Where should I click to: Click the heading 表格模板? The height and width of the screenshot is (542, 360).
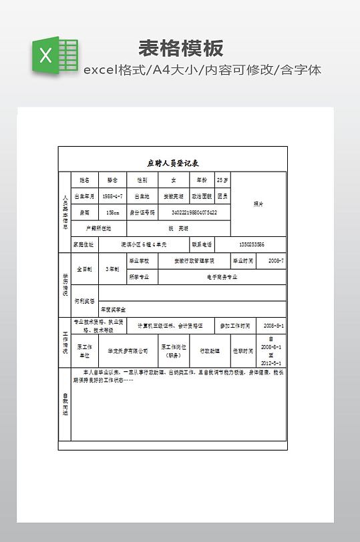(180, 48)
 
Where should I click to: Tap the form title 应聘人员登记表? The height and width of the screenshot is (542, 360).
(172, 163)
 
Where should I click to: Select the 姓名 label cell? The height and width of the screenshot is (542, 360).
(84, 180)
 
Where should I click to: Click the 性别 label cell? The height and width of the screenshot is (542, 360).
(142, 180)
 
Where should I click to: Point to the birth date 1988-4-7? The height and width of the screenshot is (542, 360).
(112, 197)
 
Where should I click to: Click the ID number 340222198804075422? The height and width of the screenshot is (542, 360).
(194, 213)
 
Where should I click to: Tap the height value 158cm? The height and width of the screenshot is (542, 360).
(112, 213)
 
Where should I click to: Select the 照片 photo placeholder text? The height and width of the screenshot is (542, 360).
(258, 204)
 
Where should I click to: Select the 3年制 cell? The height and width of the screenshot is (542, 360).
(112, 269)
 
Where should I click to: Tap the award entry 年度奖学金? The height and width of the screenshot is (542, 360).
(113, 310)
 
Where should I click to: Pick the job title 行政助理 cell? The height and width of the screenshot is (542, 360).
(210, 350)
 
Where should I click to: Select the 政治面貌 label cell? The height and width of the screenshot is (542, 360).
(201, 197)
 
